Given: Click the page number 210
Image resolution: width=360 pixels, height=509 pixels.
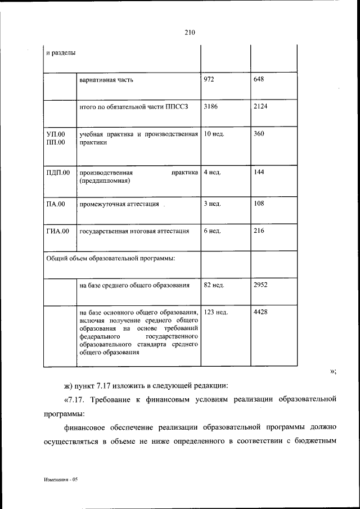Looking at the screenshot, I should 189,33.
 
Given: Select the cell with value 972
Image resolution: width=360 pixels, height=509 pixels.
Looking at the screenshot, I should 209,79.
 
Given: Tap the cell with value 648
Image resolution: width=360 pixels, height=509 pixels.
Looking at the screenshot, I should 259,79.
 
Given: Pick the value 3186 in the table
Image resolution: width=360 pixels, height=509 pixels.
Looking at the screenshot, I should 210,107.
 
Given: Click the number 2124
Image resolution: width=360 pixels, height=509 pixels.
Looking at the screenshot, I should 260,107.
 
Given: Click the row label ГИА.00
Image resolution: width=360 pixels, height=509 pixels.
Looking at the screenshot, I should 57,231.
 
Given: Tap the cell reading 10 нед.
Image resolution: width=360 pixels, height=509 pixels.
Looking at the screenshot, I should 214,134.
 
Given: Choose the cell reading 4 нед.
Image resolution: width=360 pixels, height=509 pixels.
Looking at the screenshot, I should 213,172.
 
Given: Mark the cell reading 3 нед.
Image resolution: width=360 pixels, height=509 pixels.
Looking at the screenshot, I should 213,204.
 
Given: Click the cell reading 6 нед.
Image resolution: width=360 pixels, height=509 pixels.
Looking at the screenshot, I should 213,231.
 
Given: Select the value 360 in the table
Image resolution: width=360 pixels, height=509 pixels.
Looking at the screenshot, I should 259,134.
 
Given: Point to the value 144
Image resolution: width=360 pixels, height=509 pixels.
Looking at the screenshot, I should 259,172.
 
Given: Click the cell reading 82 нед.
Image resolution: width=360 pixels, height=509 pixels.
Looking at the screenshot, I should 214,285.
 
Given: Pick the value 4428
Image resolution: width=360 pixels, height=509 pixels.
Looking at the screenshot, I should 260,312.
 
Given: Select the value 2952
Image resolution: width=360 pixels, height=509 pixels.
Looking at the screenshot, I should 260,285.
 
